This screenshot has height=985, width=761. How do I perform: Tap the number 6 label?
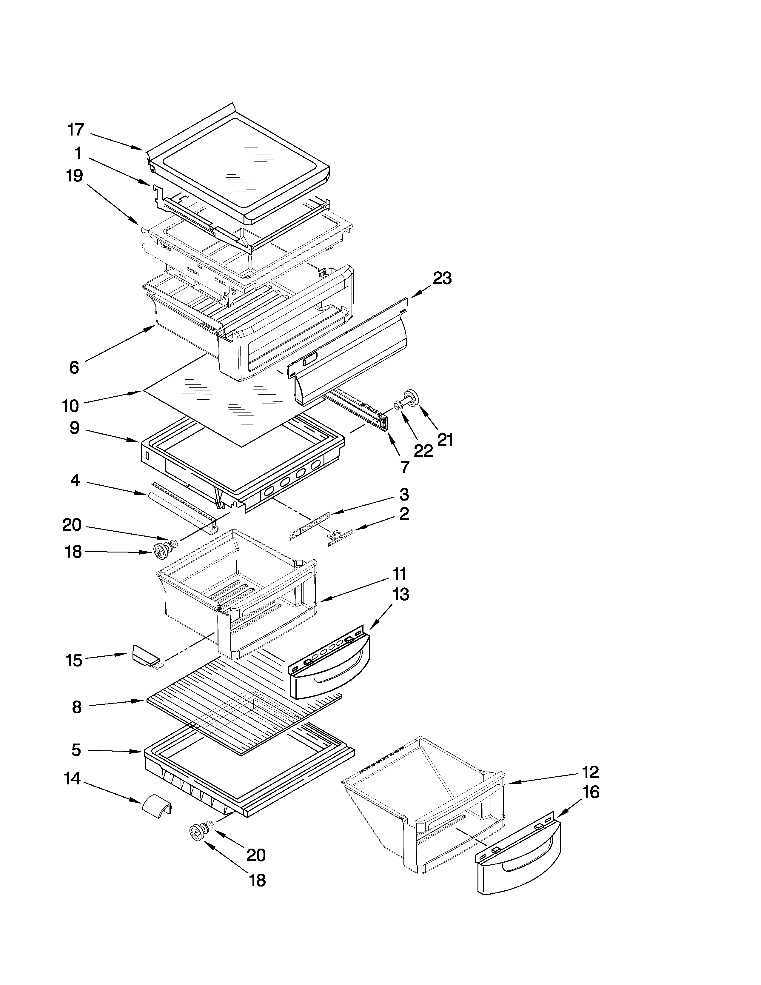tap(74, 367)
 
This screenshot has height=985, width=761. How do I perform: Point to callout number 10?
tap(70, 406)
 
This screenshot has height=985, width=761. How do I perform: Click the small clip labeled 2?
tap(339, 536)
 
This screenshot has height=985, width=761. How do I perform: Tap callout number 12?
tap(590, 772)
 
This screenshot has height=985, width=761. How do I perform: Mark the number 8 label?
tap(77, 707)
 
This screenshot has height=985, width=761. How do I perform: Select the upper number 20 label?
tap(72, 524)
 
